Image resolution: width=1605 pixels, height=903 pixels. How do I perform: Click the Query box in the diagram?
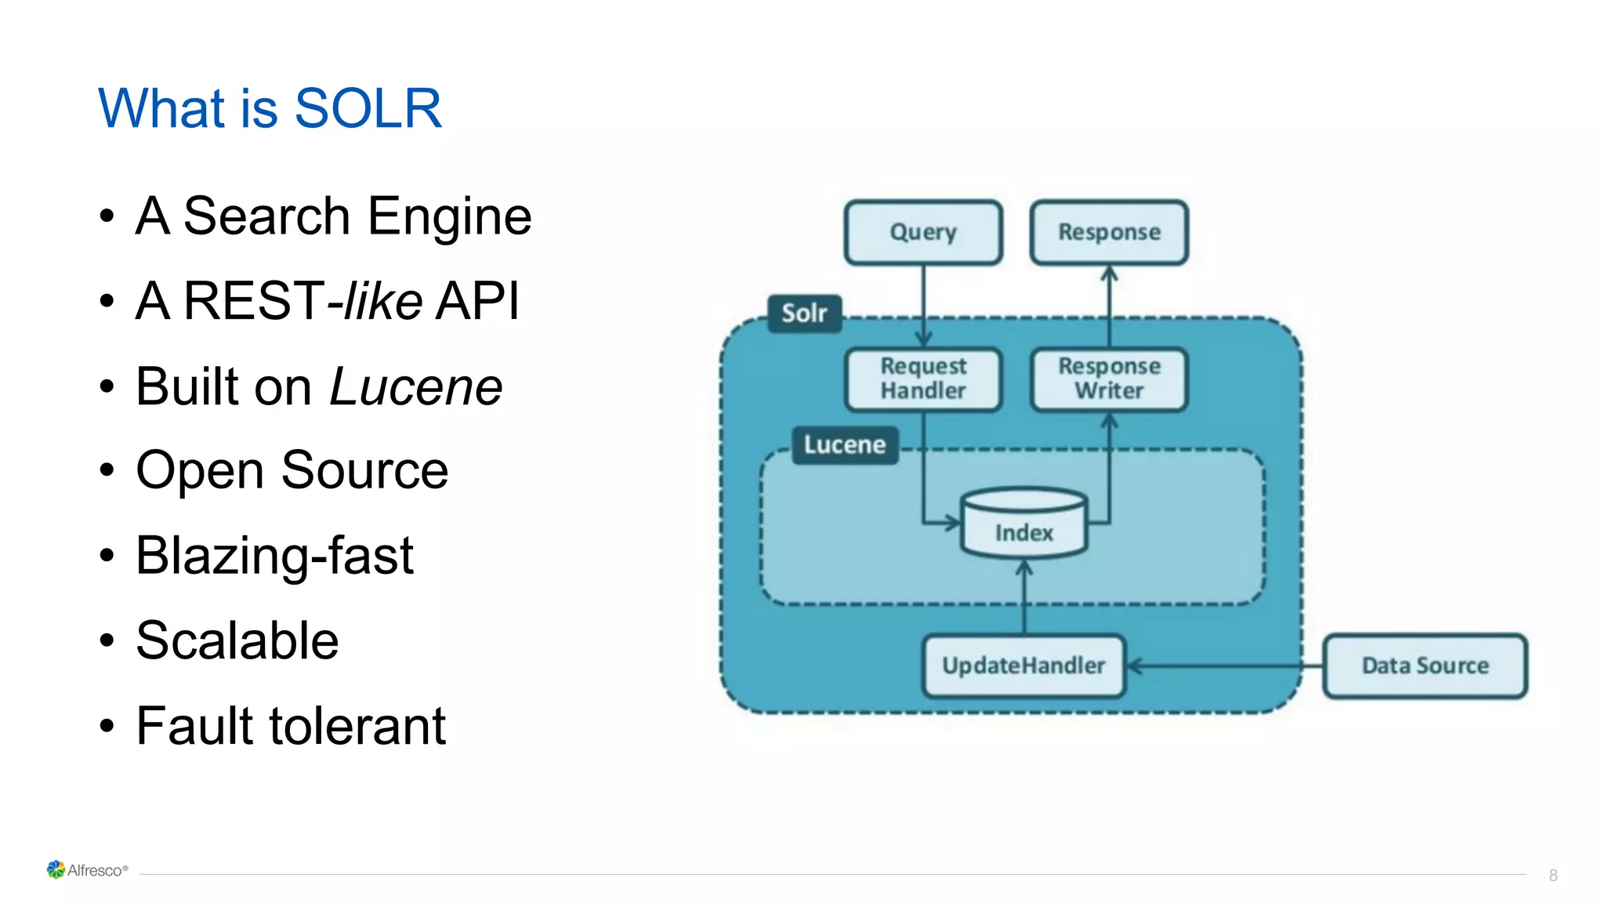(923, 232)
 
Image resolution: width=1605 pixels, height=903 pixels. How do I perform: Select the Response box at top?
(1109, 232)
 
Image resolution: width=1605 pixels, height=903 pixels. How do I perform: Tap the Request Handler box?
(923, 379)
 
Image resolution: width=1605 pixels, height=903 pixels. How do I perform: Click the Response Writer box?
(1109, 379)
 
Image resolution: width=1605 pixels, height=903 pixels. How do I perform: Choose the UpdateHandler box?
(1024, 665)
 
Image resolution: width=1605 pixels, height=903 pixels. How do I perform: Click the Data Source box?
(1425, 665)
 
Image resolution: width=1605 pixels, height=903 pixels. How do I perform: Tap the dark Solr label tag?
(804, 314)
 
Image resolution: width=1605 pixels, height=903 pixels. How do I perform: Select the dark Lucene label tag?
(844, 445)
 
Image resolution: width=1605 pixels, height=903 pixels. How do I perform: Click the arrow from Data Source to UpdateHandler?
(1223, 666)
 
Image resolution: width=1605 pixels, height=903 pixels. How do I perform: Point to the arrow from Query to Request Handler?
(923, 306)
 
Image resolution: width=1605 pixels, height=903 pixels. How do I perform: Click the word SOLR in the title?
(368, 108)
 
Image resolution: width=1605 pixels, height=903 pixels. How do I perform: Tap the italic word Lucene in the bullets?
(415, 387)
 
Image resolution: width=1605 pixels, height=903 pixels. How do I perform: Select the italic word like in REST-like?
(383, 302)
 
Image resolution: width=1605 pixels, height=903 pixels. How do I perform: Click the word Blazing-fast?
(274, 556)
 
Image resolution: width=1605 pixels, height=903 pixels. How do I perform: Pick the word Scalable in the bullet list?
(237, 641)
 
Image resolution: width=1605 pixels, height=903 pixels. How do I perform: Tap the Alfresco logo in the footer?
(86, 870)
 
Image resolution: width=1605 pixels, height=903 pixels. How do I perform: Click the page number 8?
(1553, 876)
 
